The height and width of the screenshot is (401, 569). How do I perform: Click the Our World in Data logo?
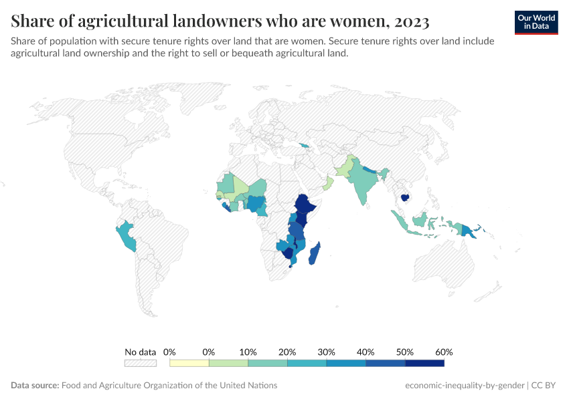[536, 22]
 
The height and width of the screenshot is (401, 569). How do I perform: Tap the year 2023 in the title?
[408, 21]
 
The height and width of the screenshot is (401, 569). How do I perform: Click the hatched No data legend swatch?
[141, 363]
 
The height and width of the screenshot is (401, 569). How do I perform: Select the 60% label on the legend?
[444, 352]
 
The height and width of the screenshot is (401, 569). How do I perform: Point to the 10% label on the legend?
[248, 352]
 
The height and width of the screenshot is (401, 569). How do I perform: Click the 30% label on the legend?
[327, 352]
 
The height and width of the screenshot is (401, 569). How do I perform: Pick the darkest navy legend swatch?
[424, 363]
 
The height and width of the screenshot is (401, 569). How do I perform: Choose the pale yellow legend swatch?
[189, 363]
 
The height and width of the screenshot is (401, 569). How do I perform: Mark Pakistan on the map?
[343, 167]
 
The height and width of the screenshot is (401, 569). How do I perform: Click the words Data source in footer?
[35, 386]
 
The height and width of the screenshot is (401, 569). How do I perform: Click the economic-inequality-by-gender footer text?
[465, 386]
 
